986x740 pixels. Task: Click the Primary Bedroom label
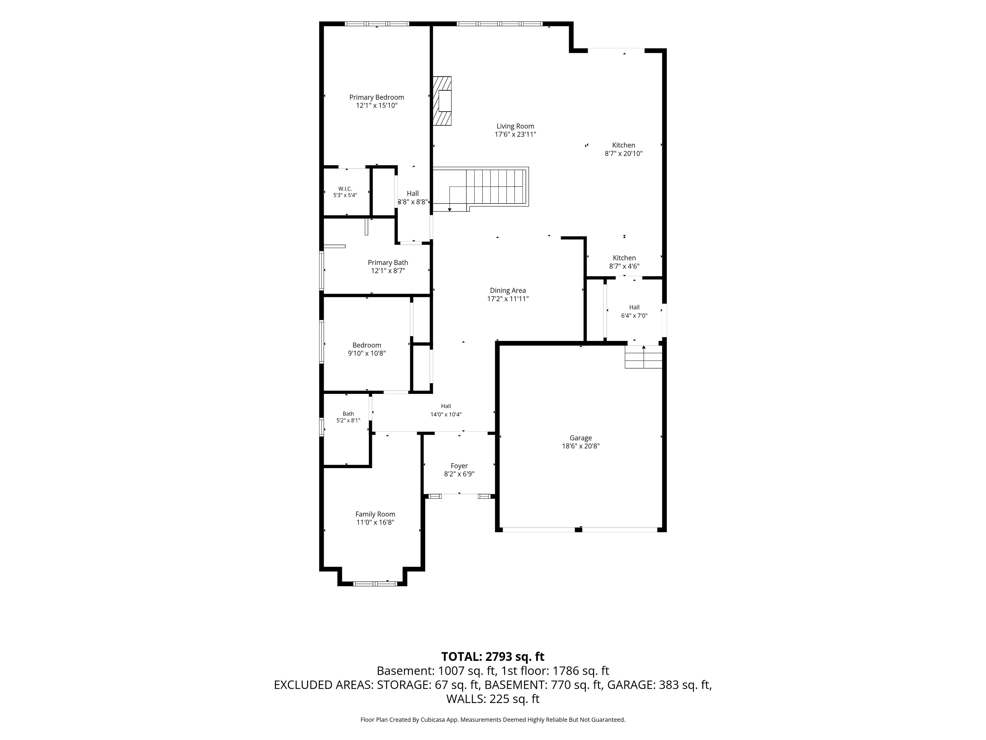click(377, 97)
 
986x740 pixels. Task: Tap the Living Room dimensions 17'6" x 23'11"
click(515, 134)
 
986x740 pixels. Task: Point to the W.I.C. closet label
click(345, 189)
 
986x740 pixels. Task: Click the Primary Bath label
click(388, 263)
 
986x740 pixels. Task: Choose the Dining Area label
click(508, 290)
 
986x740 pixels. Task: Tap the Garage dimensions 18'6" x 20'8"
click(581, 446)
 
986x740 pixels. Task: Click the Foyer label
click(459, 466)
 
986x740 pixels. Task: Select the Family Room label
click(375, 514)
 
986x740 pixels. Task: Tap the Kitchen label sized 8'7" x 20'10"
click(624, 149)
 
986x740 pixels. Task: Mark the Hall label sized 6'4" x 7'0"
click(634, 311)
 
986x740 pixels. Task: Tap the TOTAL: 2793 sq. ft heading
click(493, 656)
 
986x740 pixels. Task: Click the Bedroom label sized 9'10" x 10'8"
click(367, 349)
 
